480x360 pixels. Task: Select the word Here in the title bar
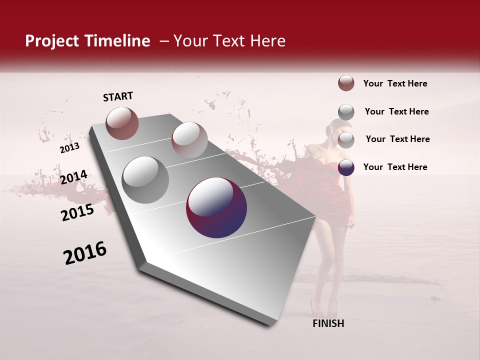(267, 41)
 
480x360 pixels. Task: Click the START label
(118, 96)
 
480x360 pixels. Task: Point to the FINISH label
(328, 323)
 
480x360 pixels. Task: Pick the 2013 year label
(69, 148)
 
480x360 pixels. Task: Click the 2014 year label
(73, 177)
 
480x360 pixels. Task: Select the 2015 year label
(77, 213)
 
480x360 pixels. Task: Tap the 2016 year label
(85, 253)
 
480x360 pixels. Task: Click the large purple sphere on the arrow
(216, 207)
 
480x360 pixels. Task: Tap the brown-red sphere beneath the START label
(122, 123)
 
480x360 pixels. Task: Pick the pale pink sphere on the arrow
(189, 140)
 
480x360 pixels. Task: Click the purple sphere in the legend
(346, 167)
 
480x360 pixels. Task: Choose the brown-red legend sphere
(346, 83)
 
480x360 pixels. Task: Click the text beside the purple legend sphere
(395, 167)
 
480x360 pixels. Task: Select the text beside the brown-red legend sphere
(395, 83)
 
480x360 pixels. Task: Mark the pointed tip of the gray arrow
(272, 325)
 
